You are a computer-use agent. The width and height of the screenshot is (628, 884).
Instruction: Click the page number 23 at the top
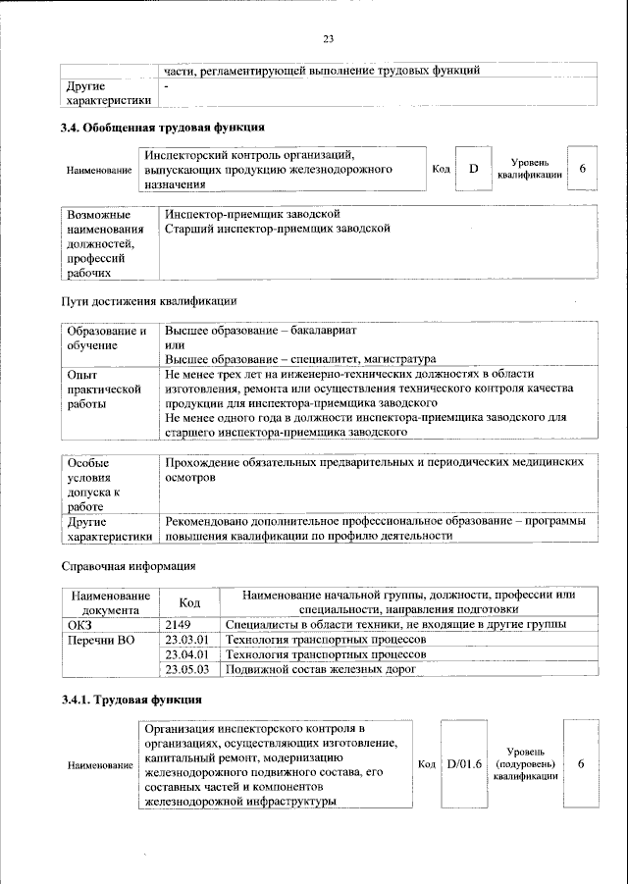point(328,39)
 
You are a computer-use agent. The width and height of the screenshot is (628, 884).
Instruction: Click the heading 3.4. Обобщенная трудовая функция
point(162,128)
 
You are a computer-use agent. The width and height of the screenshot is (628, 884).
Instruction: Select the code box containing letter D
point(473,170)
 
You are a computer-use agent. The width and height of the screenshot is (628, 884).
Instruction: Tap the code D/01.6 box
point(463,763)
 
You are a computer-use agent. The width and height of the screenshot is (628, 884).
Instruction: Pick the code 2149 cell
point(177,625)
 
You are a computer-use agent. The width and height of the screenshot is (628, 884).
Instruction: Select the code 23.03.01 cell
point(187,640)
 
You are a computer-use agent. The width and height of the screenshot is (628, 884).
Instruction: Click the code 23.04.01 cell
point(187,654)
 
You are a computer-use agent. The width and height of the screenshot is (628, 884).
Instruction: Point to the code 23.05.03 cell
point(187,669)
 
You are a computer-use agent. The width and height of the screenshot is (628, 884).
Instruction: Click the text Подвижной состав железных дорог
point(321,669)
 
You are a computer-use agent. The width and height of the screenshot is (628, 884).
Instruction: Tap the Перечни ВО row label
point(99,640)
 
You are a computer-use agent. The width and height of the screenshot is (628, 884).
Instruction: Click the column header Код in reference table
point(189,602)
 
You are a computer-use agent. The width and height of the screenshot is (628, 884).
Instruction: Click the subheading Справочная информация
point(129,566)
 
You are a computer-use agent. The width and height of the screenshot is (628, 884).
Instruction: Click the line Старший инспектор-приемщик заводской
point(278,229)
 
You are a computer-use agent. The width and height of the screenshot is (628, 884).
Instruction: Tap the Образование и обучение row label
point(106,338)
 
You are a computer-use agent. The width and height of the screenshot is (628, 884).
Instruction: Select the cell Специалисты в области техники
point(395,625)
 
